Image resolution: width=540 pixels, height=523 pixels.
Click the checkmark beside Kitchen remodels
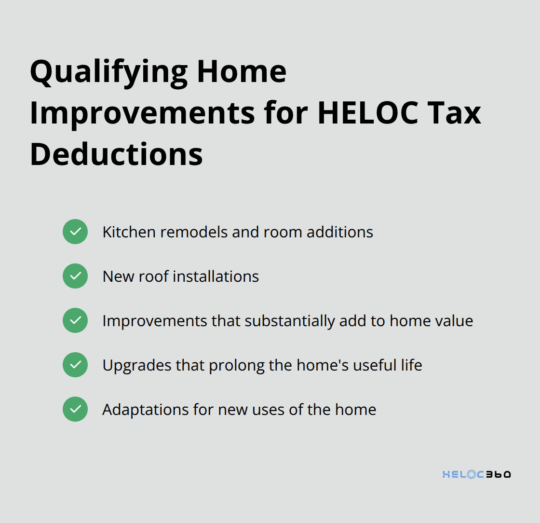point(75,232)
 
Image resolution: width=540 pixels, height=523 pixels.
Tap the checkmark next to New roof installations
point(75,276)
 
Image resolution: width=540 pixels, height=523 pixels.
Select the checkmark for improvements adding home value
point(75,320)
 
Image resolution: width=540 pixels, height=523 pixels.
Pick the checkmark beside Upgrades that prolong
point(75,365)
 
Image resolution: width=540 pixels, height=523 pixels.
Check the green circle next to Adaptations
point(75,409)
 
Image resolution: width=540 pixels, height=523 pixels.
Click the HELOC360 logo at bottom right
point(476,475)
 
